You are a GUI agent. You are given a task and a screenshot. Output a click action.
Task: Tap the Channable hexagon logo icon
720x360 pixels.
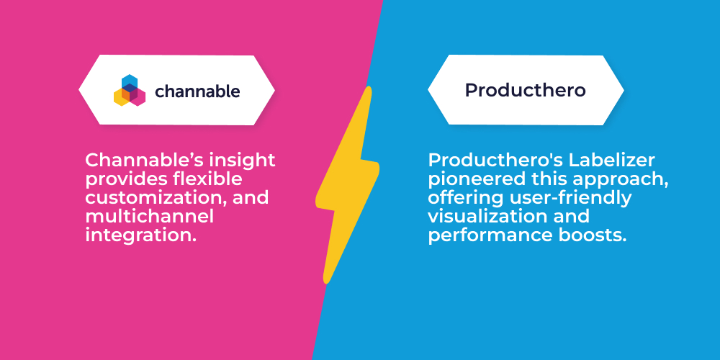(130, 91)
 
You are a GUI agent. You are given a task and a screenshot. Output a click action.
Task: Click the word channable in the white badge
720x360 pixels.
(197, 91)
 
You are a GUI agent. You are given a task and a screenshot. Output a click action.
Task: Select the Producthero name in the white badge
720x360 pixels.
(526, 91)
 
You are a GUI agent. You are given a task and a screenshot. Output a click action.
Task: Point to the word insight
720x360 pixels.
(242, 161)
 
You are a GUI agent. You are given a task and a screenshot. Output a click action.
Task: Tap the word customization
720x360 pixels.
(158, 198)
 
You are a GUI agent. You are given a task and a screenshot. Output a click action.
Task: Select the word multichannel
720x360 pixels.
(150, 216)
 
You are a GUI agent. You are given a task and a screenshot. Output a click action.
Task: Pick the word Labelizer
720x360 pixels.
(612, 161)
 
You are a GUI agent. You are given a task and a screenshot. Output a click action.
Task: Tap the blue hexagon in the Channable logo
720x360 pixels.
(130, 83)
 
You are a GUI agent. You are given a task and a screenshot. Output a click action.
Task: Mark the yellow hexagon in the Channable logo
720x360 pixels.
(121, 97)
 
